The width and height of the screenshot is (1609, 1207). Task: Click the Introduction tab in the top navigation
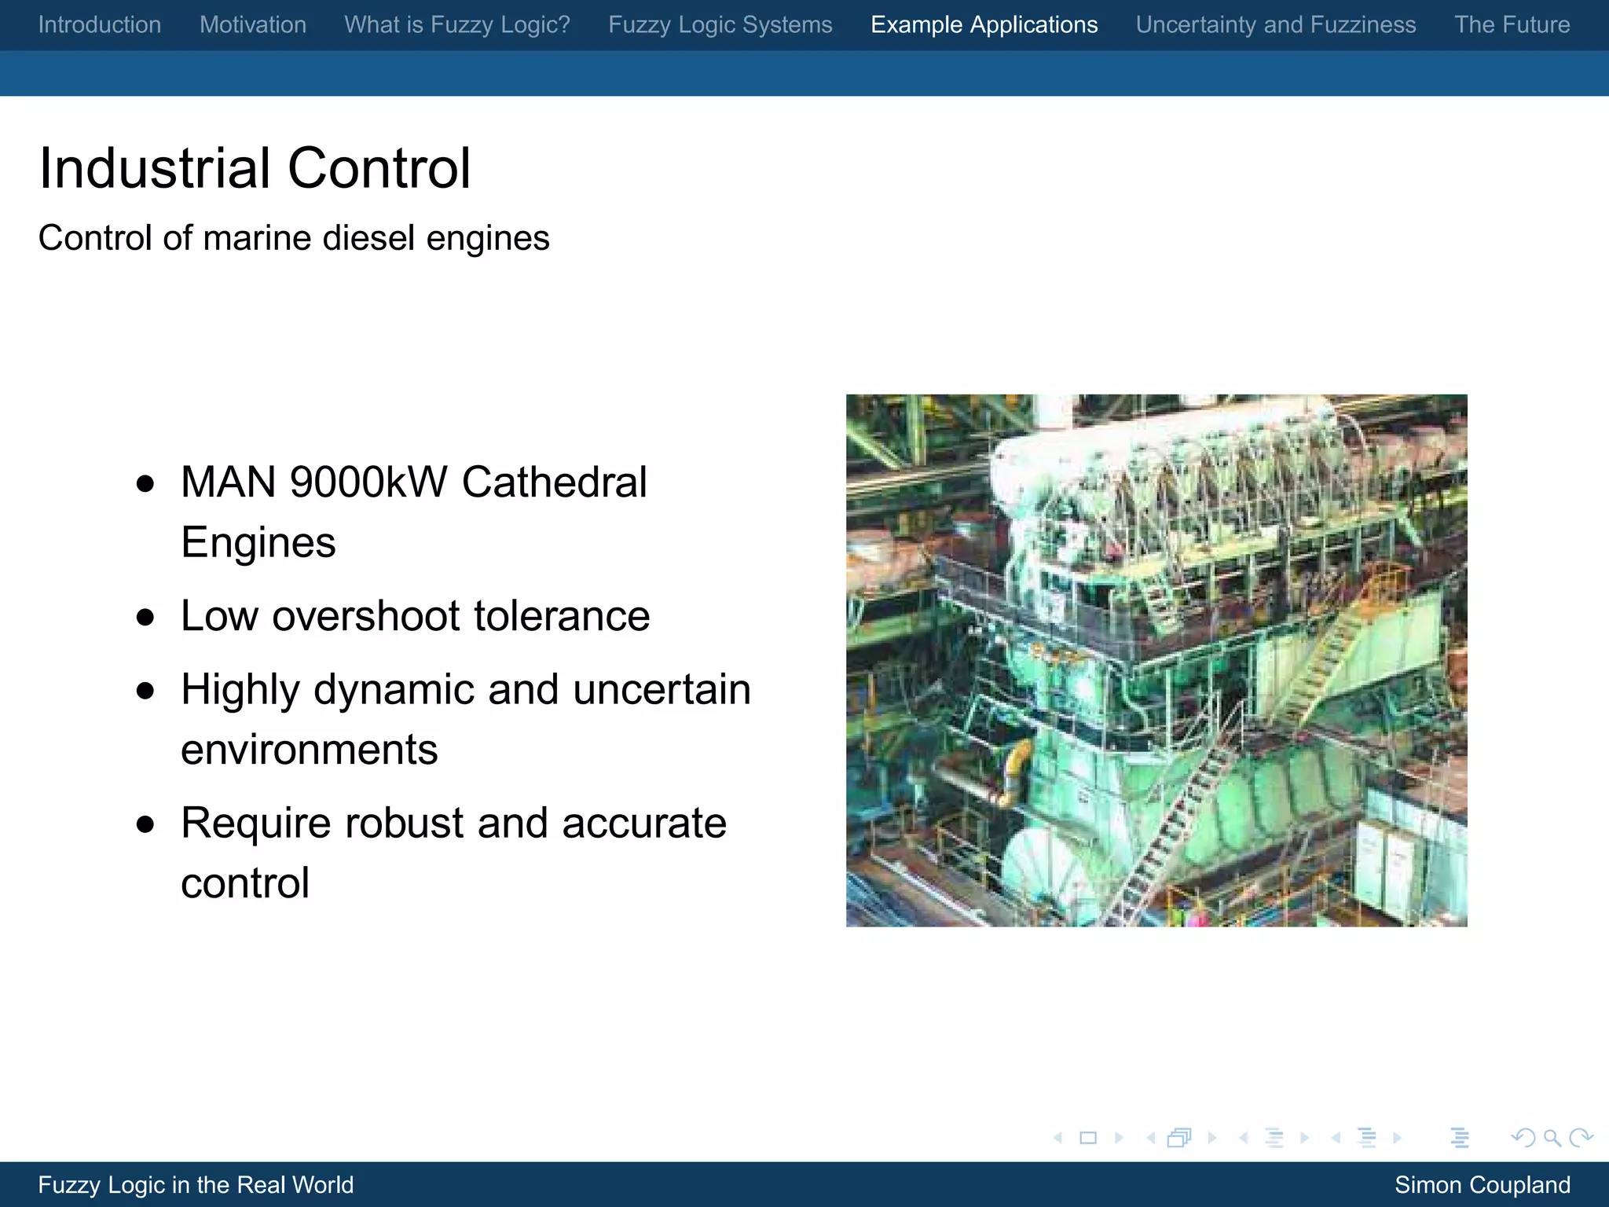100,25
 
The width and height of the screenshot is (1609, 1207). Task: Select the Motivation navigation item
253,25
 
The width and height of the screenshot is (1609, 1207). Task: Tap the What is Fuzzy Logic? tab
457,25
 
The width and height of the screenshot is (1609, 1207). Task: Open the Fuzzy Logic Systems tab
720,25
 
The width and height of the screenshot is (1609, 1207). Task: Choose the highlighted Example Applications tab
984,25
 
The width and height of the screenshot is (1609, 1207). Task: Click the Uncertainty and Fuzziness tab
1276,25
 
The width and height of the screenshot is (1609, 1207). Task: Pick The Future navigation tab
1512,25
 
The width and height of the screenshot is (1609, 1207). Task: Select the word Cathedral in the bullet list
555,482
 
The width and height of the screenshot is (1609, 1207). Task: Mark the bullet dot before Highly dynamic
145,691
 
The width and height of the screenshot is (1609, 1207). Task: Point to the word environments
310,750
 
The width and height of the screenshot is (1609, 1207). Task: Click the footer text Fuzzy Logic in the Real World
196,1185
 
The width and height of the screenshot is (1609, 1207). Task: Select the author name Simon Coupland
1483,1185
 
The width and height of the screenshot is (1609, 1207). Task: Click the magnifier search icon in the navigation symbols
1552,1138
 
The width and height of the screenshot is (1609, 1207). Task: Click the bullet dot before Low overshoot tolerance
145,618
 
